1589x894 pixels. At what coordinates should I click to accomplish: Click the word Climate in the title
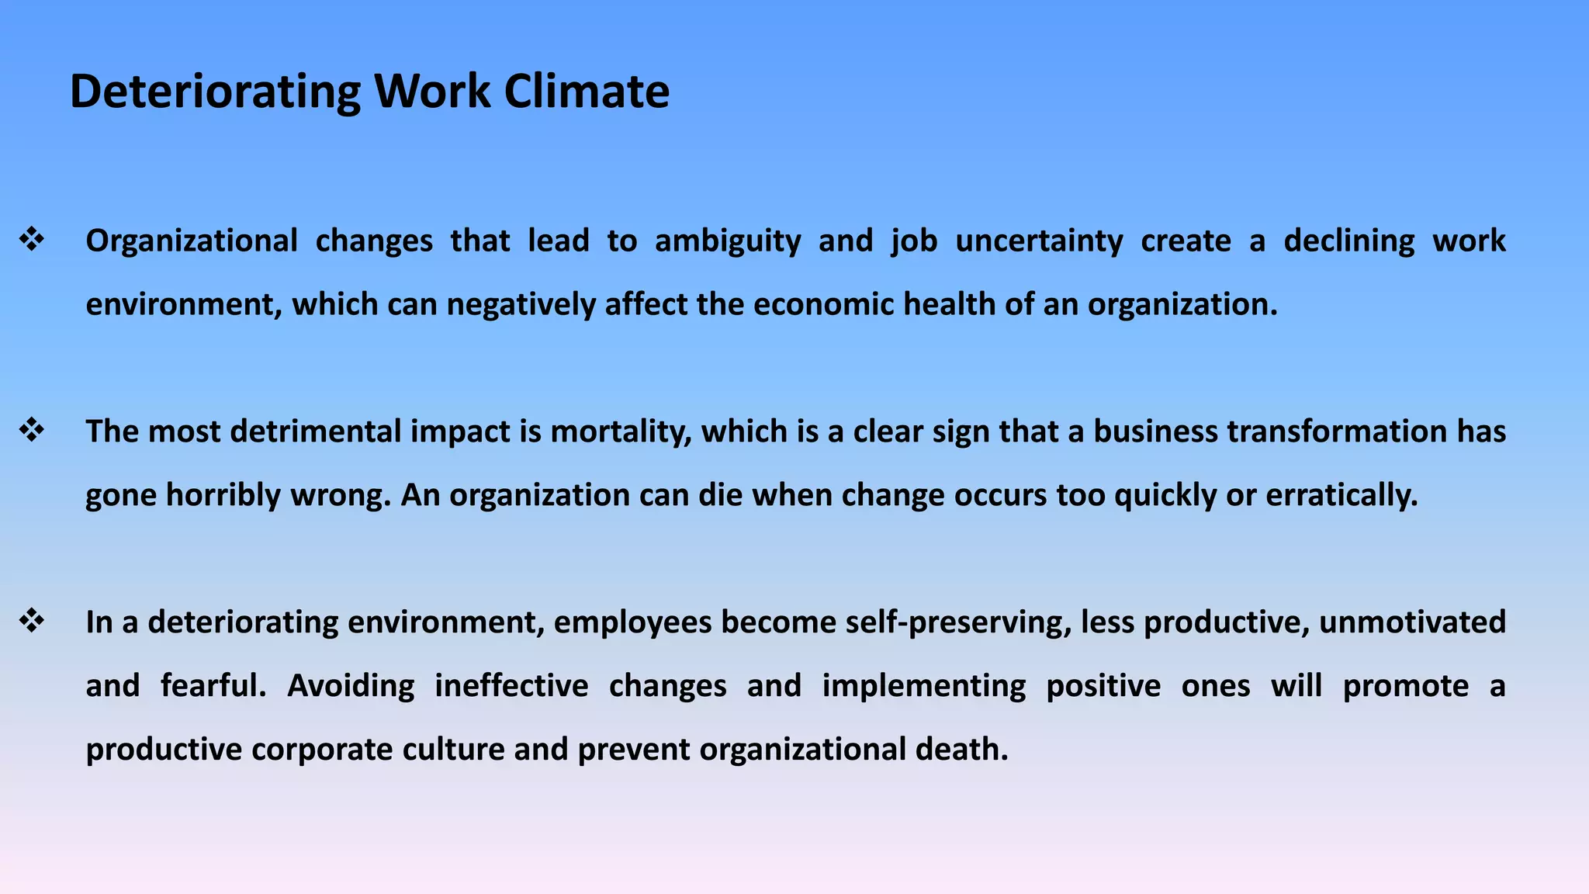[x=587, y=92]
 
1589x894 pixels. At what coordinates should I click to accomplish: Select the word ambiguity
[x=728, y=241]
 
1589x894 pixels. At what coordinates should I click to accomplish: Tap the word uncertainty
[x=1039, y=241]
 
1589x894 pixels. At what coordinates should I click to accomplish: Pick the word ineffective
[x=511, y=686]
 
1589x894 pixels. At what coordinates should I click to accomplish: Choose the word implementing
[x=923, y=687]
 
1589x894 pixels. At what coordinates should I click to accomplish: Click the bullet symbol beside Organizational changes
[x=32, y=240]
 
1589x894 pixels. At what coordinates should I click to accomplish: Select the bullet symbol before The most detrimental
[x=32, y=431]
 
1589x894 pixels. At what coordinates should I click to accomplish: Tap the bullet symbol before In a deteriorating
[x=32, y=622]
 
